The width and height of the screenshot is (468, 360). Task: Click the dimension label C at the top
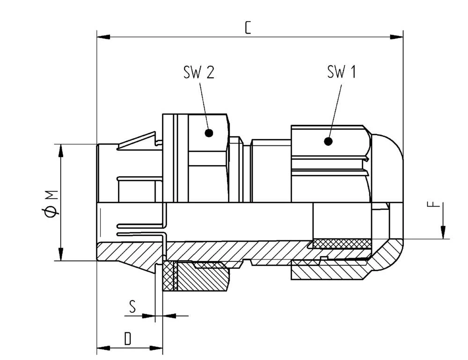(248, 28)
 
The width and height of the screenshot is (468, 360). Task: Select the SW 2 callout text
(198, 72)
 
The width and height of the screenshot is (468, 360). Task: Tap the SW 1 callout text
(341, 72)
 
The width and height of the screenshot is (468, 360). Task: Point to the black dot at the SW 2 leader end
(209, 133)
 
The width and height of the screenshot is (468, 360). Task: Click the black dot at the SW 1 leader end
(328, 141)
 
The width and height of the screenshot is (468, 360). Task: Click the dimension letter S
(132, 307)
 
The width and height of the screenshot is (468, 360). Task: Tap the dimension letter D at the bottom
(128, 339)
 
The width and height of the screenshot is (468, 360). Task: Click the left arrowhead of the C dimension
(103, 36)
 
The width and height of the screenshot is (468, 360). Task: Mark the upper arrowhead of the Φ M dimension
(60, 150)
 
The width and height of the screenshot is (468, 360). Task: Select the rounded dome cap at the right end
(388, 164)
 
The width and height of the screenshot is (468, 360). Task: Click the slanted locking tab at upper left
(138, 141)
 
